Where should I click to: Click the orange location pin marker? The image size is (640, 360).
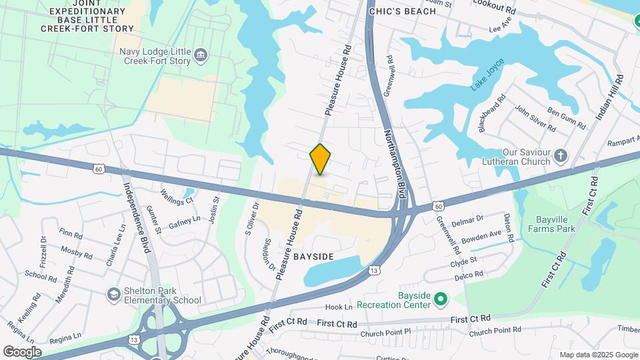(320, 159)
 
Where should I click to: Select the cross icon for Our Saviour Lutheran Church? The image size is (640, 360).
(561, 155)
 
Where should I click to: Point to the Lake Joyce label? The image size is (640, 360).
(487, 75)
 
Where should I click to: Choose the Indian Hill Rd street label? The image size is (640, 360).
(608, 97)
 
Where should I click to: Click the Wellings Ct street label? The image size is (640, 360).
(177, 196)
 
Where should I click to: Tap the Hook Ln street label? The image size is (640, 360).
(339, 307)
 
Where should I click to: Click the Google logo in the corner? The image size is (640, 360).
(22, 351)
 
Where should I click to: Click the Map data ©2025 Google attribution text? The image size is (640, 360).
(598, 355)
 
